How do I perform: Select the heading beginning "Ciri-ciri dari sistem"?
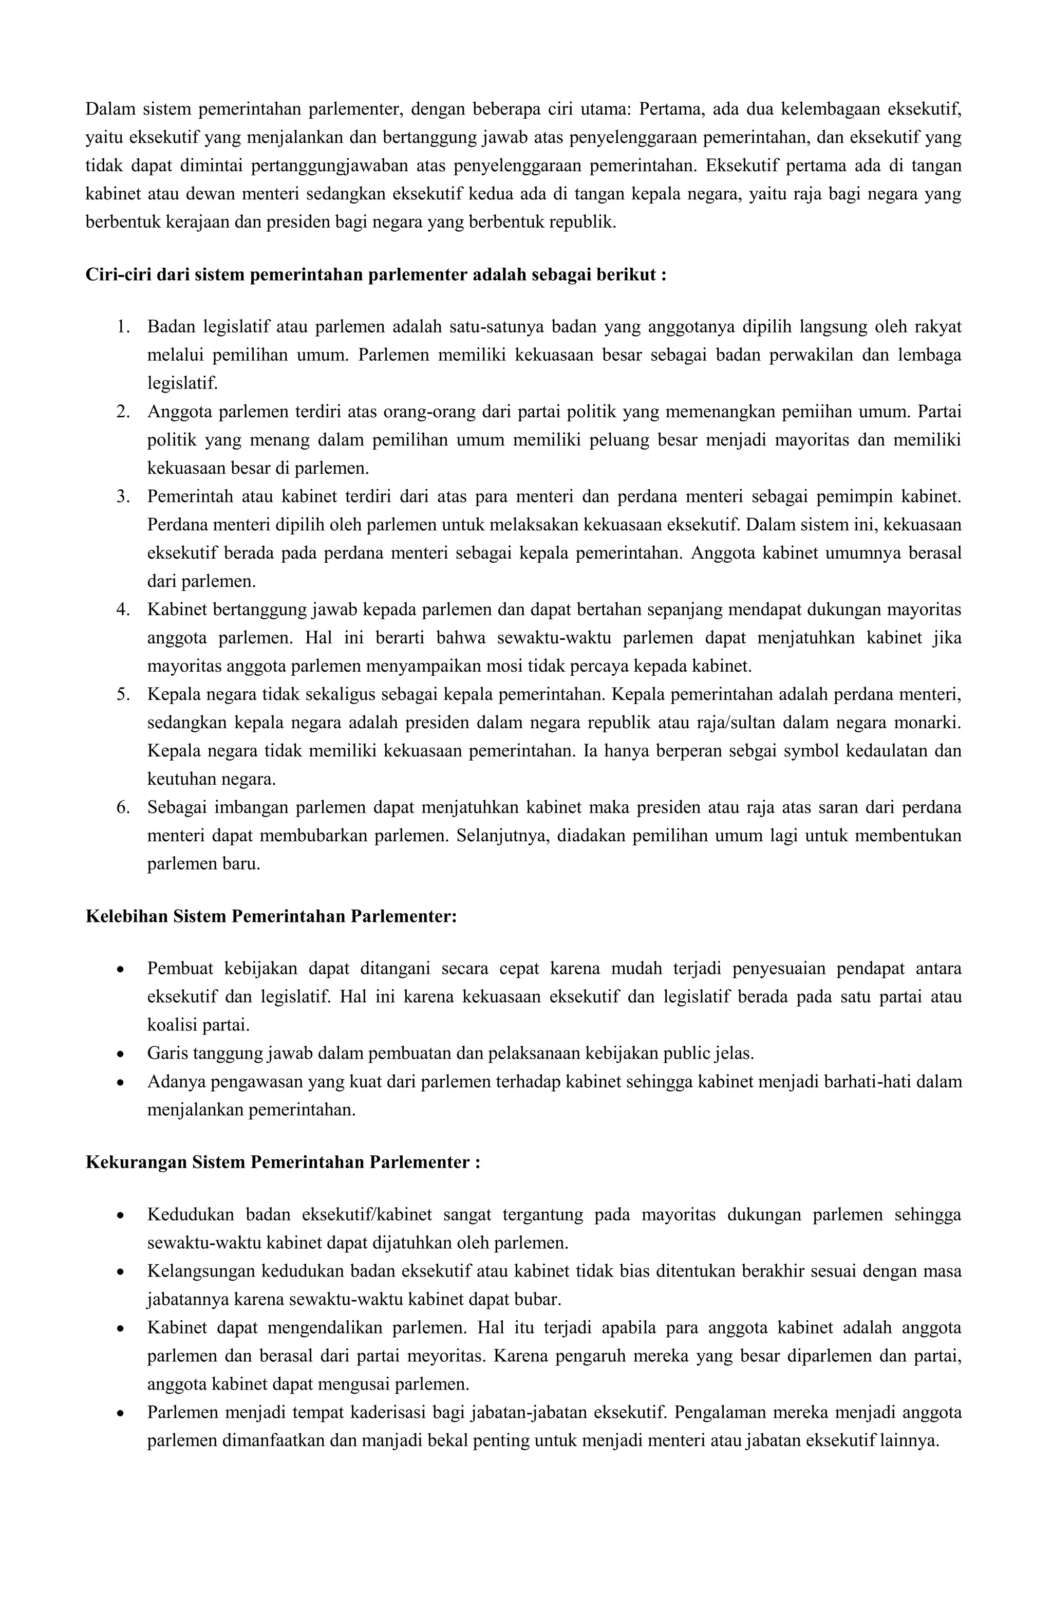[375, 275]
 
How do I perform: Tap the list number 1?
[122, 327]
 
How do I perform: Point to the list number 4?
[122, 609]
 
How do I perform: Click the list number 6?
[122, 807]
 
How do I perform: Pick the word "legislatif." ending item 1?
[182, 384]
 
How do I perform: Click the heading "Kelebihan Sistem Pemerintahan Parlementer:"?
[271, 916]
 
